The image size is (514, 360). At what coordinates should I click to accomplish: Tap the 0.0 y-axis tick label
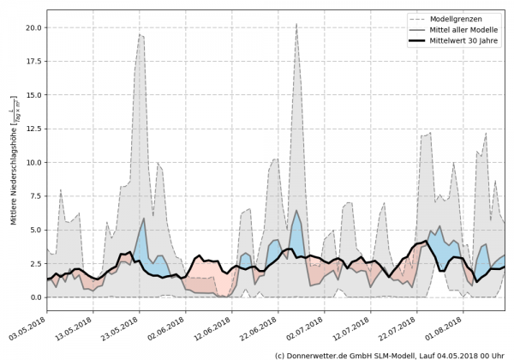(x=33, y=297)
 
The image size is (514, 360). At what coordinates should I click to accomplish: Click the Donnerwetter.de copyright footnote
(x=389, y=354)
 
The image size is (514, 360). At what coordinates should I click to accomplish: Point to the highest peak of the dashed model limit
(x=296, y=24)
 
